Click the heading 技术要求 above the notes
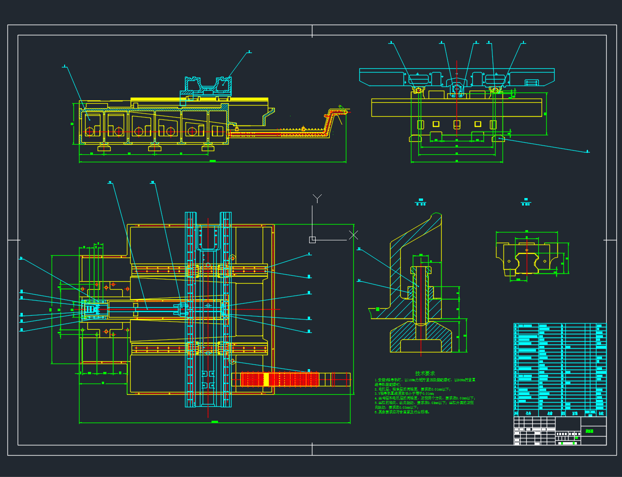425,373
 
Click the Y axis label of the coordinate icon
317,199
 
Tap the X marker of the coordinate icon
353,235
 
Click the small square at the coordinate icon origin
312,239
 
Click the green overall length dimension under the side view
212,161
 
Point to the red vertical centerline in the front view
457,102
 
